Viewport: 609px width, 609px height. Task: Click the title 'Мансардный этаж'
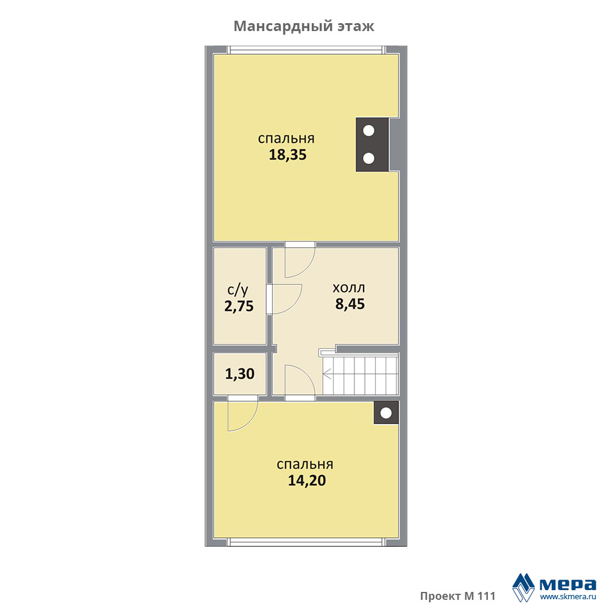tap(304, 26)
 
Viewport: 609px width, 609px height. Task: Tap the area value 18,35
tap(287, 155)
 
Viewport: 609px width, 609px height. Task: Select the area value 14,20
tap(307, 481)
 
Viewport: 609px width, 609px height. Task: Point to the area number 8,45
tap(350, 304)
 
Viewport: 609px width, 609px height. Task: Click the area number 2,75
tap(239, 306)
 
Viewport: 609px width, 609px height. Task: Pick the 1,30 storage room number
tap(239, 374)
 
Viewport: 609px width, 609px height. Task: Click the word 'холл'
tap(349, 288)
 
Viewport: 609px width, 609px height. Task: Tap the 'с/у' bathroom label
tap(238, 290)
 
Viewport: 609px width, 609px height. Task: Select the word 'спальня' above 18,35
tap(286, 139)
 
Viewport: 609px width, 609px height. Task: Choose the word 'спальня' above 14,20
tap(305, 465)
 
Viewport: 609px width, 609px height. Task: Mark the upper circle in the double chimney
tap(368, 131)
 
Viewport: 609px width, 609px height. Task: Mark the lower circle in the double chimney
tap(368, 158)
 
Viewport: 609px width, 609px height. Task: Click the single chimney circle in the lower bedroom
tap(386, 414)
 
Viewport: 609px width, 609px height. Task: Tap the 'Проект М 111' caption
tap(457, 596)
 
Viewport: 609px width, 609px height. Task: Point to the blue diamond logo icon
tap(524, 587)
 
